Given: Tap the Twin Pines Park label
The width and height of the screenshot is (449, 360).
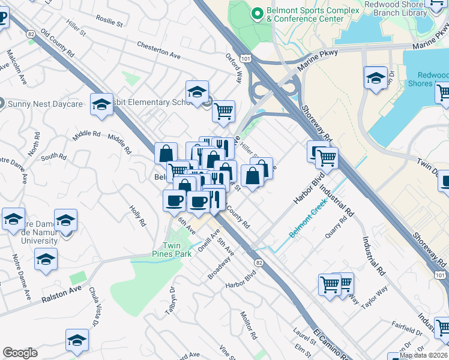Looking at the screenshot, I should [x=177, y=250].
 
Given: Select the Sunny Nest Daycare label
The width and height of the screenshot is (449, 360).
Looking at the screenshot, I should [x=39, y=103].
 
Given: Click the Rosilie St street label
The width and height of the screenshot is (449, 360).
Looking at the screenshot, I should [x=108, y=22].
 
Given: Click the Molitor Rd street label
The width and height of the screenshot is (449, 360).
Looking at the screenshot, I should [x=247, y=325].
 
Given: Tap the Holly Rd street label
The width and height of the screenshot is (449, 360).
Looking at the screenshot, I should [x=137, y=215].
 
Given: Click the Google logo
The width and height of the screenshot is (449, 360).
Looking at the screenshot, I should [x=20, y=353].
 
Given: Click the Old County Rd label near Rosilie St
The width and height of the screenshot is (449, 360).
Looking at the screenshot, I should [x=55, y=44].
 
